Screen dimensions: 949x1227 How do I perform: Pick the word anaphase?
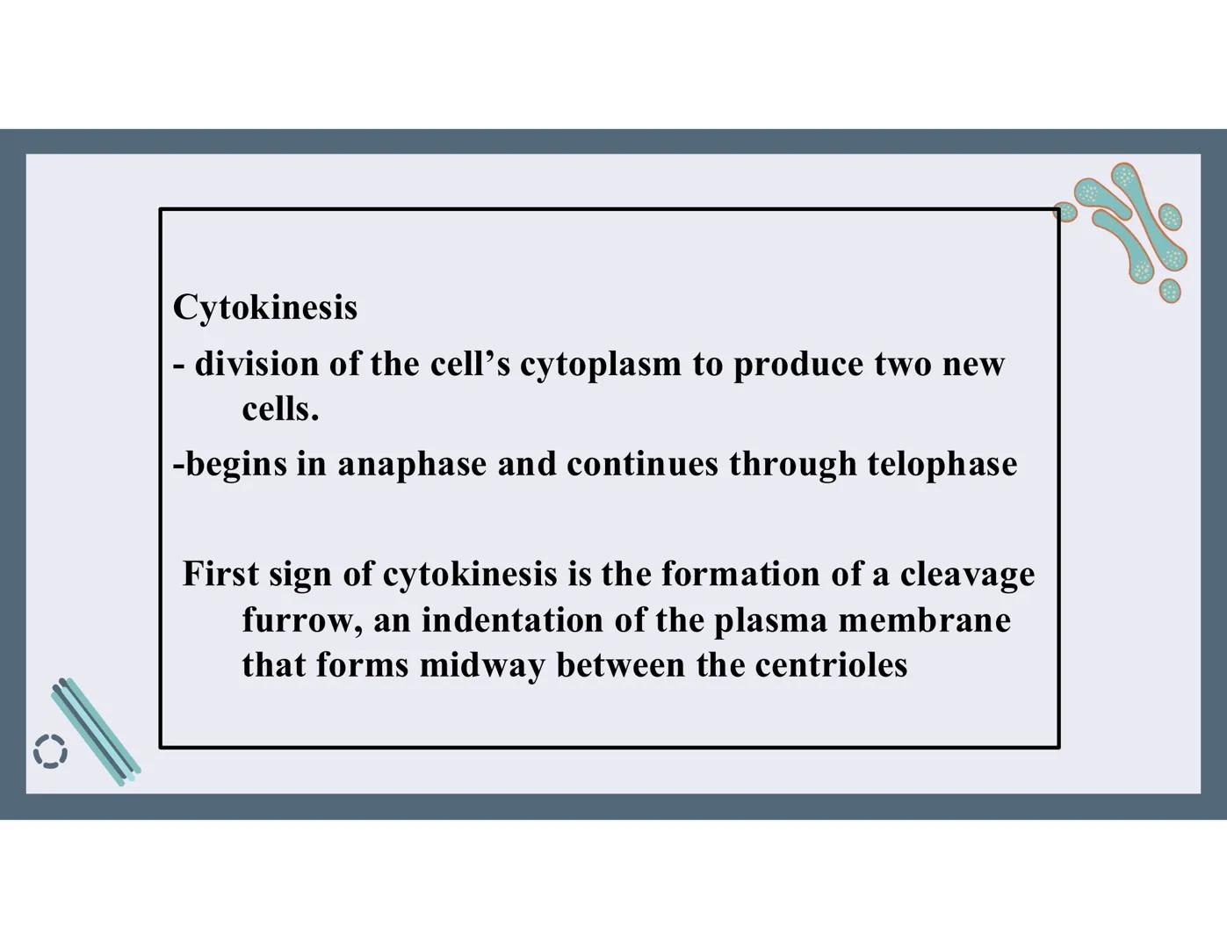click(412, 465)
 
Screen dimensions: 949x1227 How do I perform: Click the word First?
click(220, 574)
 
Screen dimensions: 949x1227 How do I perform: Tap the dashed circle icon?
click(50, 751)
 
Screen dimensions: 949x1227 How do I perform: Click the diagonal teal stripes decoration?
click(95, 729)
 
